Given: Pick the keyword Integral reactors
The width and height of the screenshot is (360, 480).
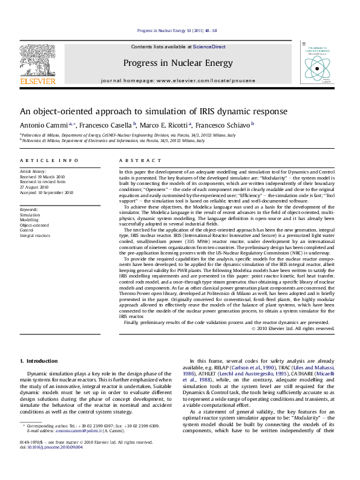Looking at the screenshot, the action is pos(36,235).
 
